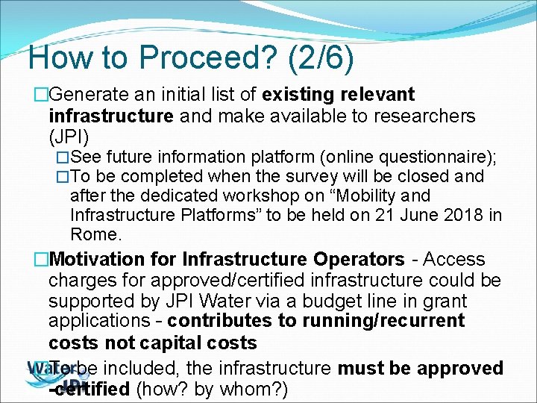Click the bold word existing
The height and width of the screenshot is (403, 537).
[298, 95]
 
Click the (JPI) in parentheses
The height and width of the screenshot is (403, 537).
[69, 137]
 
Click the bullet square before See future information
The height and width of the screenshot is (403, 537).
[63, 157]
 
